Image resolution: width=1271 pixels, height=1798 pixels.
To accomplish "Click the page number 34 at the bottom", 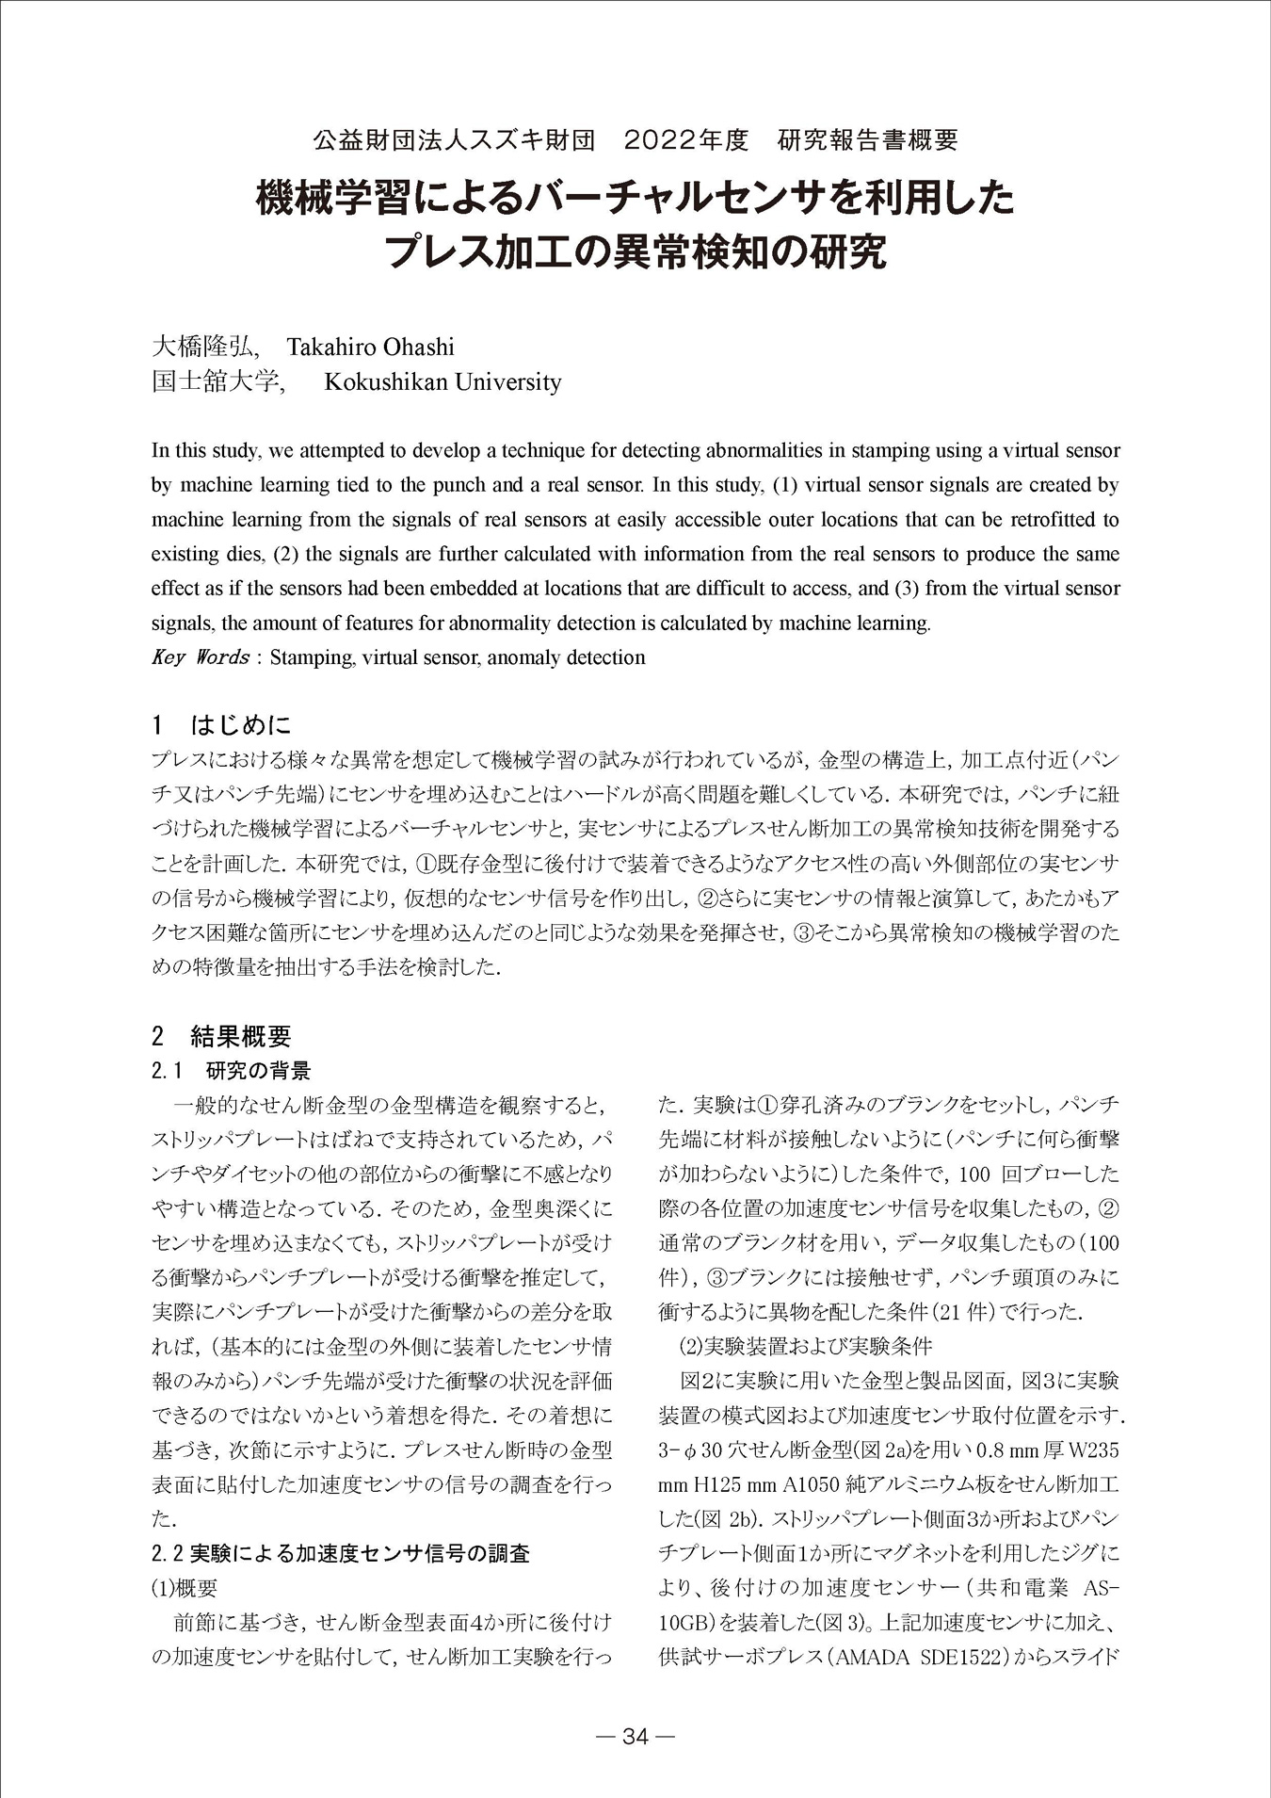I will (x=635, y=1737).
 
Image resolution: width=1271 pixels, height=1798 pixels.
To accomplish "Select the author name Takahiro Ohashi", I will (x=370, y=347).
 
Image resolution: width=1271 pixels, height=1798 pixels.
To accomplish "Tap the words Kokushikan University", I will (x=442, y=381).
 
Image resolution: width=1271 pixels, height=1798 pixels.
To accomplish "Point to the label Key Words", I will (x=200, y=657).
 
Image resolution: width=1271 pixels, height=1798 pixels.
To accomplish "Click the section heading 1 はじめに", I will (x=221, y=725).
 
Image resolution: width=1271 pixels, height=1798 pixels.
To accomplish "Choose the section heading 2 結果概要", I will (x=221, y=1037).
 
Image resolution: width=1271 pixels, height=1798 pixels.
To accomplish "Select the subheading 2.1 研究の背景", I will (x=231, y=1071).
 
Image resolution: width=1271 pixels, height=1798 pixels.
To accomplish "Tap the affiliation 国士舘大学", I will (x=216, y=381).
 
